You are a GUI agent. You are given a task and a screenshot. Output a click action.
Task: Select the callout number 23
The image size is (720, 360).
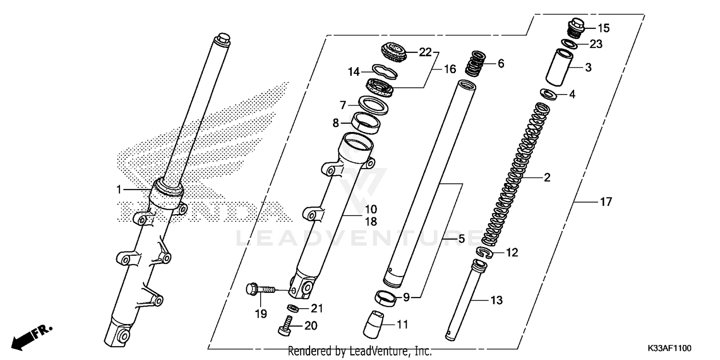coord(595,45)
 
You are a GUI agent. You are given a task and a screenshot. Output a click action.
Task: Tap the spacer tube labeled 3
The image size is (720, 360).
coord(559,67)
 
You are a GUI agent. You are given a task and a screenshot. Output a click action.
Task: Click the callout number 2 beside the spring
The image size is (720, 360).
coord(547,178)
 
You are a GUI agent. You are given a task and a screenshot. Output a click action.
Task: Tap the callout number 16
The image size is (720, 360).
coord(450,70)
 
